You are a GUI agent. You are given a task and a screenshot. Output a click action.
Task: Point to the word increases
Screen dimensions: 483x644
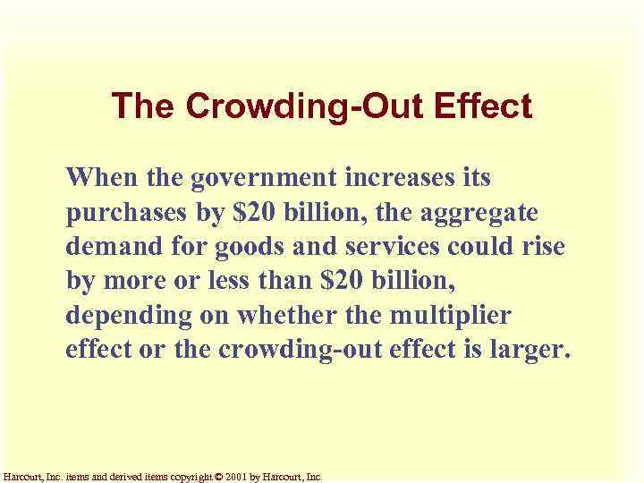402,177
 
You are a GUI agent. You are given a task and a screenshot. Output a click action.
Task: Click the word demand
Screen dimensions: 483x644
111,246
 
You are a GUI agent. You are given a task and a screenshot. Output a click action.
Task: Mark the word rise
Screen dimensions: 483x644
545,246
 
